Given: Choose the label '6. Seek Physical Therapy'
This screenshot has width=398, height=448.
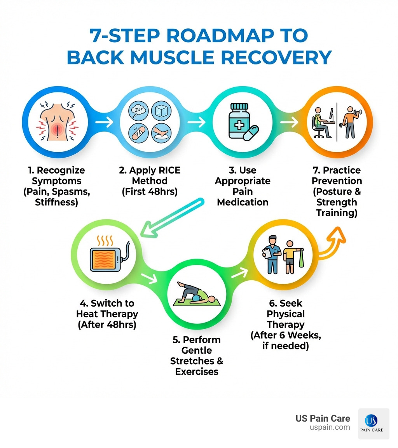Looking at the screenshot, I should click(x=285, y=313).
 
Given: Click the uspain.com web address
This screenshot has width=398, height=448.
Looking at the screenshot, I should click(x=330, y=427).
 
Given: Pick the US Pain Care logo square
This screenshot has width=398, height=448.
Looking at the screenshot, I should click(x=374, y=424).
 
